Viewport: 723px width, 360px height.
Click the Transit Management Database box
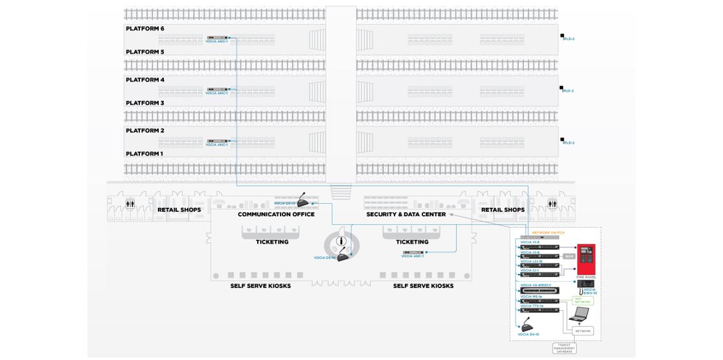(x=564, y=349)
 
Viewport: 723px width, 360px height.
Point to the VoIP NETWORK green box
(x=583, y=301)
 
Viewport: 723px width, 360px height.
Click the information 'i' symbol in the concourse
(x=341, y=242)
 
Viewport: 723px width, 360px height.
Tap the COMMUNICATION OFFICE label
(x=276, y=214)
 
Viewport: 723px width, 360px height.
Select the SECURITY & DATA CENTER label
(x=406, y=214)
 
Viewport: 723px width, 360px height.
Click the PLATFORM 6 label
(x=145, y=29)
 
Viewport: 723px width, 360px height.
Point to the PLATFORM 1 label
(x=144, y=154)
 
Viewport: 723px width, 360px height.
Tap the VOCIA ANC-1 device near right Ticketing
(x=413, y=253)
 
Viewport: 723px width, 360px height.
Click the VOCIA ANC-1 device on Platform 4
(x=217, y=89)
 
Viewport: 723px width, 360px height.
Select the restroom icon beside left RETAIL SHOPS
(x=130, y=204)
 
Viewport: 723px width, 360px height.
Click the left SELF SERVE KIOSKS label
(x=260, y=286)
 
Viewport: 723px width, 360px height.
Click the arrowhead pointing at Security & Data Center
(x=451, y=214)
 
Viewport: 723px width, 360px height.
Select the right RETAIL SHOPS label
(x=503, y=210)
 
